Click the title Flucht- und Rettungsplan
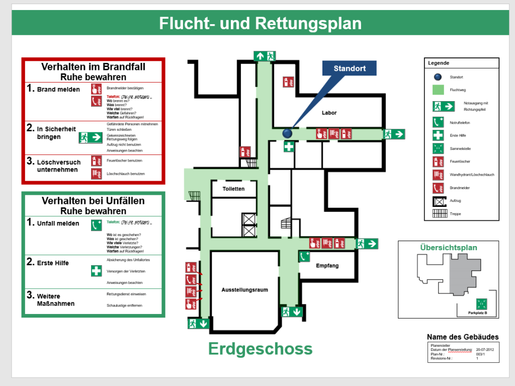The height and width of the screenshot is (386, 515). (260, 24)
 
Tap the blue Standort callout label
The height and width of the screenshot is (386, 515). (349, 68)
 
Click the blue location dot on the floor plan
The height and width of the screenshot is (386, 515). (287, 133)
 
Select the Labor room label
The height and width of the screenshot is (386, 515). (329, 113)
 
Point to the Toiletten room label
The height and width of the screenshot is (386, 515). (234, 189)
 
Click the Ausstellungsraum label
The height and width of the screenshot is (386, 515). (244, 290)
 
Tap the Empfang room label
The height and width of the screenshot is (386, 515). (327, 266)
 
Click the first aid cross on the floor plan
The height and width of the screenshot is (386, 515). (289, 147)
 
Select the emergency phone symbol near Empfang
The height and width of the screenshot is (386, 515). (304, 257)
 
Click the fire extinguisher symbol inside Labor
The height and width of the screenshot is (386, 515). (289, 82)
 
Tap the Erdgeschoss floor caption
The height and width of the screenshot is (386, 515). (260, 348)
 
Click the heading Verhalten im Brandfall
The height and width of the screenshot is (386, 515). (93, 67)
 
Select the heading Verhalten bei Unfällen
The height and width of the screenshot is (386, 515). (93, 201)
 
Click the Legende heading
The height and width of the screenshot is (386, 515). (439, 63)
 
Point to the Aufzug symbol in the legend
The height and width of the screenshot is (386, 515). (438, 201)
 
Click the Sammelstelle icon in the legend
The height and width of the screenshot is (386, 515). (438, 148)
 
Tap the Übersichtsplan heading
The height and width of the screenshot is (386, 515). (449, 248)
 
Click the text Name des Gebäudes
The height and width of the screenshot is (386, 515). (463, 337)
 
